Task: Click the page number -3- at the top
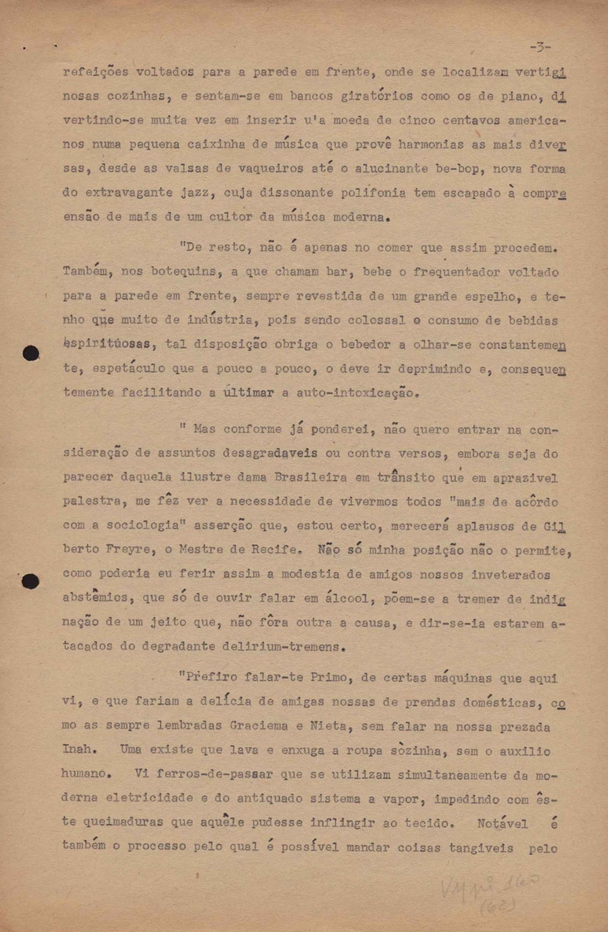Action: pos(540,47)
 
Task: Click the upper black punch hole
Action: pos(31,353)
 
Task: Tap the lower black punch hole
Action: pos(31,581)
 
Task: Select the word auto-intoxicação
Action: pos(355,393)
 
